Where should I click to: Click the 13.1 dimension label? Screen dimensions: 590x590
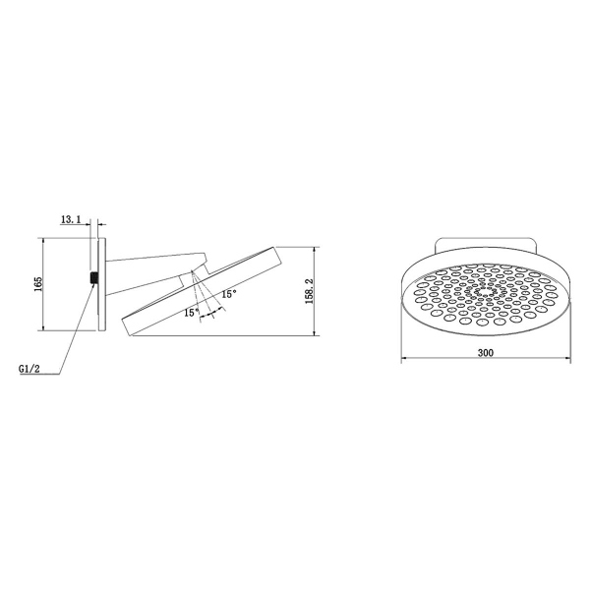(70, 219)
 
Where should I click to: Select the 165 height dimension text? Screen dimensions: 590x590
(37, 284)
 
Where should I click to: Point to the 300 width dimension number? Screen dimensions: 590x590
(485, 352)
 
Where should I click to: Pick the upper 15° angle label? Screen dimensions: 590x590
(228, 293)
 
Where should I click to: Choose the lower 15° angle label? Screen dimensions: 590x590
(190, 313)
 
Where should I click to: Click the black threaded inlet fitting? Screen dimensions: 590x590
(92, 278)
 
